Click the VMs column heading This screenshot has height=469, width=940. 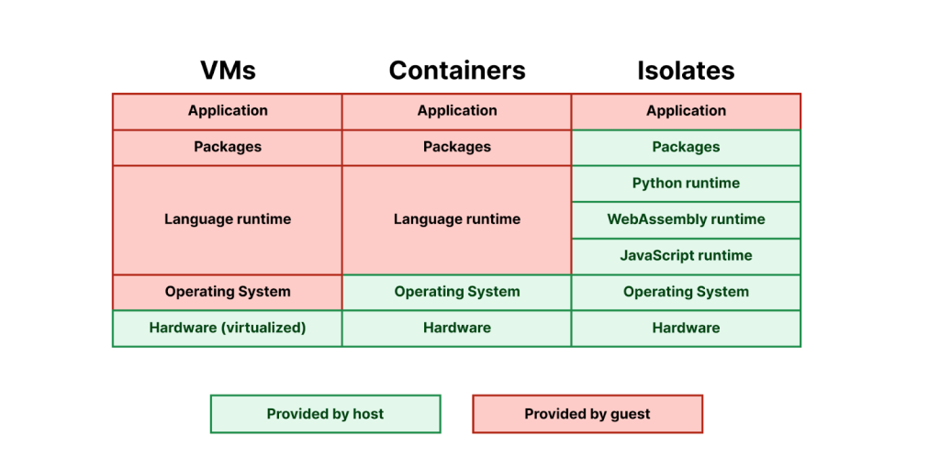pos(228,71)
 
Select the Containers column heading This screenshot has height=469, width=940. pos(457,71)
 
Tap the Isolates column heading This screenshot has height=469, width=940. pos(686,71)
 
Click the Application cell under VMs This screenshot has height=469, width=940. pos(228,111)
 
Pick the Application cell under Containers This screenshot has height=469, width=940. pos(457,111)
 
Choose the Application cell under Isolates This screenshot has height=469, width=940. pos(686,111)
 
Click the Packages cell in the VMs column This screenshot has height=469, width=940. pos(228,147)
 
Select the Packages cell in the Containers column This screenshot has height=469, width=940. pos(457,147)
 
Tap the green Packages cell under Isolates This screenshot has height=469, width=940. pos(686,147)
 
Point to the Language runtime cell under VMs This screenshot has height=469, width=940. pos(228,219)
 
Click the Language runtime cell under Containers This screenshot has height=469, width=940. pos(457,219)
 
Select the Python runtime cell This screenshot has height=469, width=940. pos(686,184)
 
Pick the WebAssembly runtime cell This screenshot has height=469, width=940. pos(686,219)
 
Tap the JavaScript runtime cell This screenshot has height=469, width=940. pos(686,256)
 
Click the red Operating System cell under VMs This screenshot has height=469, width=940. pos(228,292)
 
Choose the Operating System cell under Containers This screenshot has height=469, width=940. pos(457,292)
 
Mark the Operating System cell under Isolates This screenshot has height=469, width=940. pos(686,292)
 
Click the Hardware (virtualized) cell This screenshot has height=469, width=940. pos(228,328)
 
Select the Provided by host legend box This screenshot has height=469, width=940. pos(326,414)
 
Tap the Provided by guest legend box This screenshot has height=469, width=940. pos(587,414)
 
